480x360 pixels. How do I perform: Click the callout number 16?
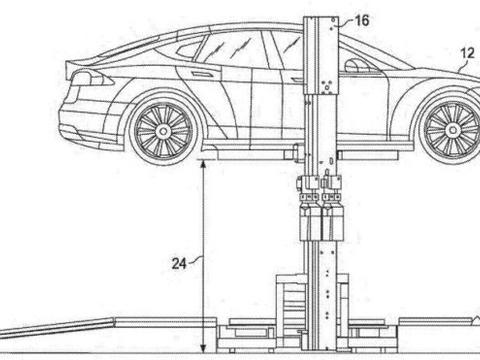pyautogui.click(x=362, y=21)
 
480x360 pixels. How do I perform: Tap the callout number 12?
pyautogui.click(x=467, y=53)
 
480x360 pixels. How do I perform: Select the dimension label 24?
pyautogui.click(x=179, y=264)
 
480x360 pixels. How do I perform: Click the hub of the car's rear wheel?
pyautogui.click(x=163, y=131)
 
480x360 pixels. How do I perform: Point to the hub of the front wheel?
pyautogui.click(x=453, y=129)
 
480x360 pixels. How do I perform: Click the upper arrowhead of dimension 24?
pyautogui.click(x=203, y=163)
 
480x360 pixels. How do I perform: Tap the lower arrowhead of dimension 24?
pyautogui.click(x=203, y=349)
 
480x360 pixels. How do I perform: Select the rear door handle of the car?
pyautogui.click(x=200, y=73)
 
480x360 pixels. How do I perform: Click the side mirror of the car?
pyautogui.click(x=357, y=66)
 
